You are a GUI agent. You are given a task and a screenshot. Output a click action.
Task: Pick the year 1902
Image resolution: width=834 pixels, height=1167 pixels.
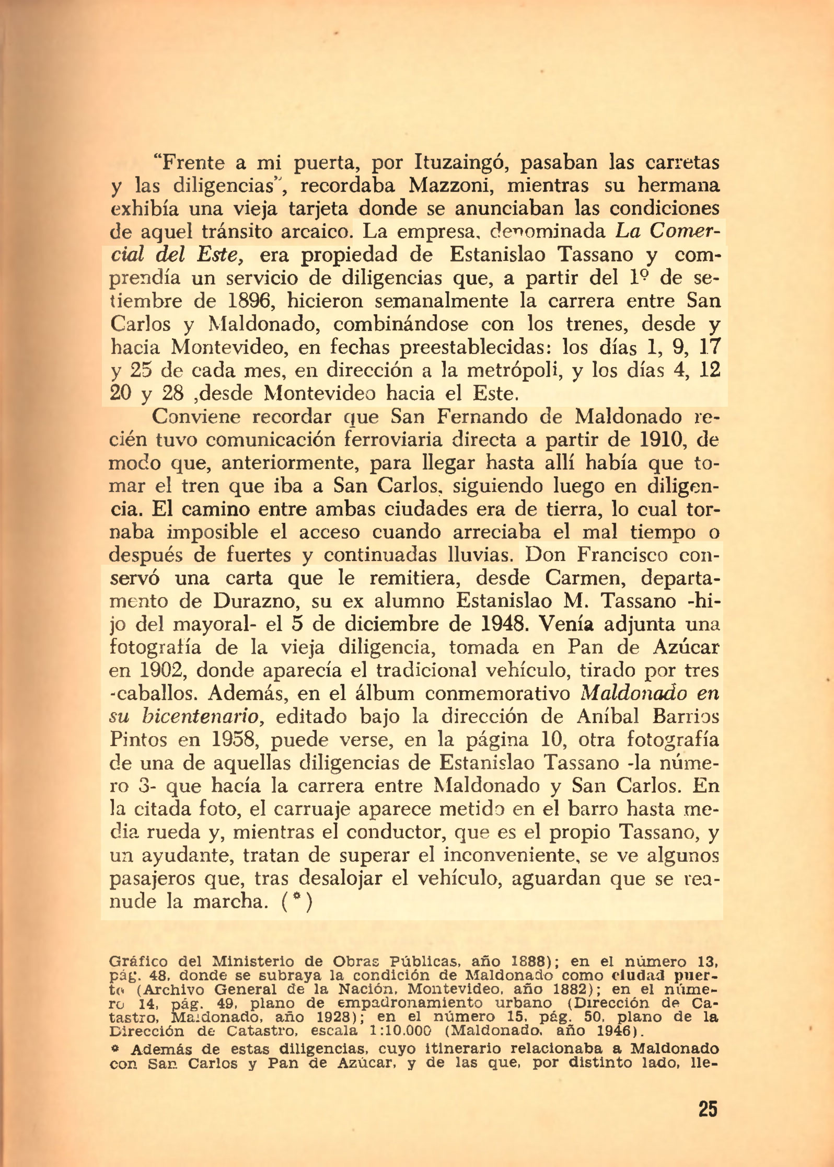click(x=156, y=671)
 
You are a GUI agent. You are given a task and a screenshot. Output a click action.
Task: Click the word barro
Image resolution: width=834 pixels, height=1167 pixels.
click(x=594, y=809)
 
